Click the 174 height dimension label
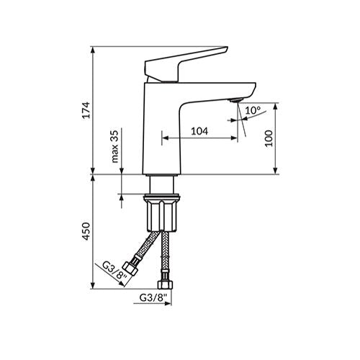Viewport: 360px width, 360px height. [86, 110]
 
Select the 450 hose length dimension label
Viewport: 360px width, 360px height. [86, 231]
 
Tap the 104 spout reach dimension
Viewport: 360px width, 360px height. [199, 131]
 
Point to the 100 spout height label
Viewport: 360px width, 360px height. [269, 138]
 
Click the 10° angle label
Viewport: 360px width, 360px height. [253, 110]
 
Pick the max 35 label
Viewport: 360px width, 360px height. [115, 147]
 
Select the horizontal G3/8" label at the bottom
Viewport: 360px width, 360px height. [153, 298]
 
